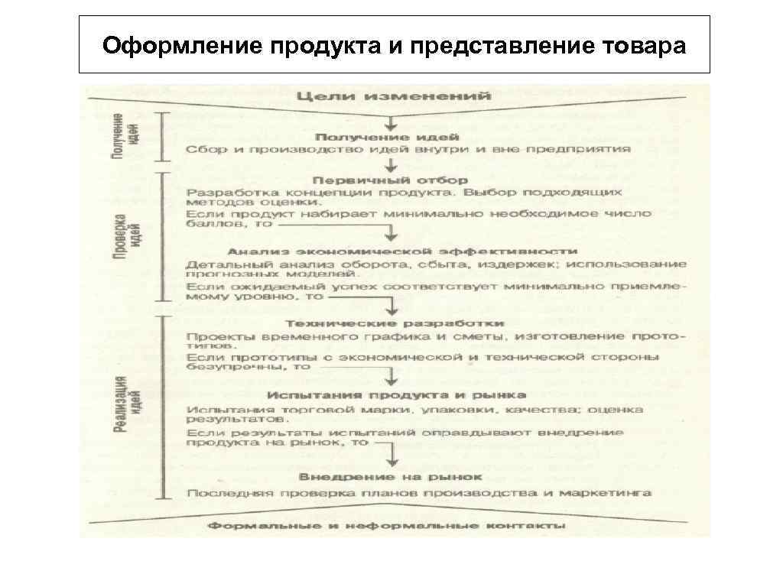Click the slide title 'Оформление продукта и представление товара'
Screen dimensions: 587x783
point(394,46)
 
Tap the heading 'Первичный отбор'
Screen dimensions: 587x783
point(390,180)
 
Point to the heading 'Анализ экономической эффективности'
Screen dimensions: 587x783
point(402,251)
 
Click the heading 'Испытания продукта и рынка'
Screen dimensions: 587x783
point(397,394)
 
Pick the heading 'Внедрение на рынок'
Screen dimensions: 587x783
point(392,476)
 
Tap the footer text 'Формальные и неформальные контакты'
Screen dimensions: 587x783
point(387,526)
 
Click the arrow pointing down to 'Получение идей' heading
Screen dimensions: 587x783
point(391,122)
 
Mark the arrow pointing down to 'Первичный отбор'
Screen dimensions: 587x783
point(391,165)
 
